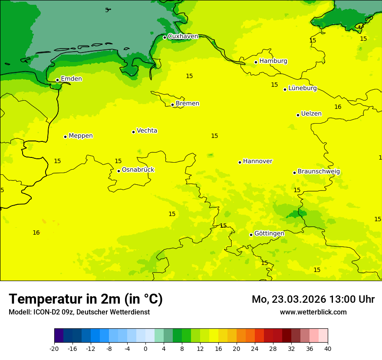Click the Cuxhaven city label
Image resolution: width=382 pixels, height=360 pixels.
(183, 36)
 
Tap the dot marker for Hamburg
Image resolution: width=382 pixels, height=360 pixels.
(256, 62)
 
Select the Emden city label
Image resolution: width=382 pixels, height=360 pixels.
(71, 79)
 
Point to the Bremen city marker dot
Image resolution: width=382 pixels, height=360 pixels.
(172, 105)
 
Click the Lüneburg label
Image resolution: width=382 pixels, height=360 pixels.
(302, 88)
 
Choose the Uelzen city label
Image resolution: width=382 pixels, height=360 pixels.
(311, 114)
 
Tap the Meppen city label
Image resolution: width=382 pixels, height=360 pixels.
(80, 136)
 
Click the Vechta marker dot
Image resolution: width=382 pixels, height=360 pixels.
(133, 132)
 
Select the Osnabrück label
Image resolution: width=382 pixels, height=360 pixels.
(138, 170)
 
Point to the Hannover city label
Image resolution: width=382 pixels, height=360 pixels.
(257, 161)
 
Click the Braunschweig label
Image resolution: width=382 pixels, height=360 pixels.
(319, 171)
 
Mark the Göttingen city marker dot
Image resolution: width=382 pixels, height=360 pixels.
(251, 235)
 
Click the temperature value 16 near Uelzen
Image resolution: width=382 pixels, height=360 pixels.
(338, 107)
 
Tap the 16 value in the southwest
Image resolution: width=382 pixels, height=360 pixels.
(36, 233)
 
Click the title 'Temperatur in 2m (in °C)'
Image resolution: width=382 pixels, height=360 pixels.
(86, 299)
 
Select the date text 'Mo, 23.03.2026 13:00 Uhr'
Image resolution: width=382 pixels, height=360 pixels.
(313, 299)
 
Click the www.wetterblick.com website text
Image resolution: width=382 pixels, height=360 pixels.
(313, 312)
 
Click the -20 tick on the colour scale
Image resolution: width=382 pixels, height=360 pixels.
(54, 348)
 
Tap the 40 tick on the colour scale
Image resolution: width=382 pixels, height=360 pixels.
(328, 348)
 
